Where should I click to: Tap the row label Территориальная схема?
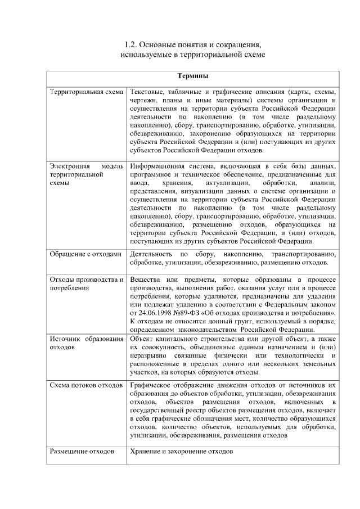85,92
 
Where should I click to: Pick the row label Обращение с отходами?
85,254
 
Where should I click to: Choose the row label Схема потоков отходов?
85,385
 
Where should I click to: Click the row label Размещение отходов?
82,452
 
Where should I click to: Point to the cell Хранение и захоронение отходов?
181,452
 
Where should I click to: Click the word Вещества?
145,280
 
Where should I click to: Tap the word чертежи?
142,100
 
